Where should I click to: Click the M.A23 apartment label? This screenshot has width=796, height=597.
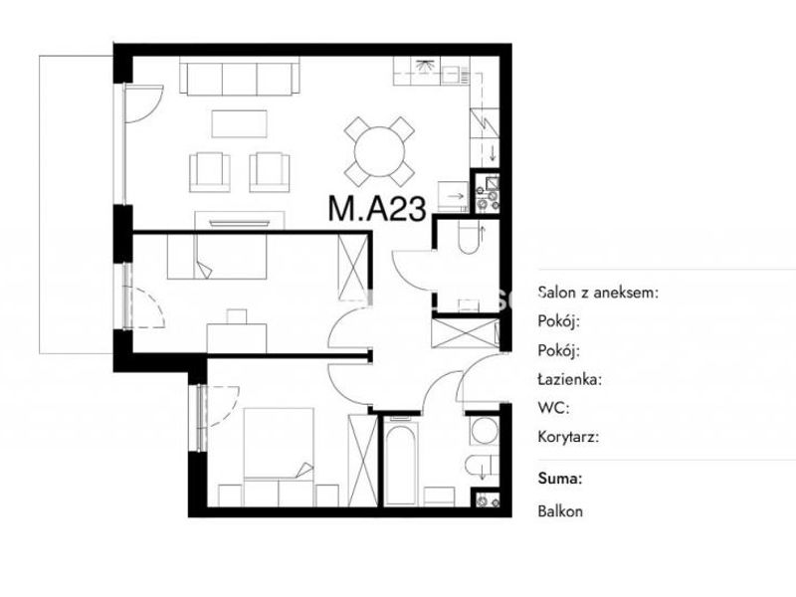[377, 209]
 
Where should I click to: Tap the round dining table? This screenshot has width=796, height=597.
[380, 152]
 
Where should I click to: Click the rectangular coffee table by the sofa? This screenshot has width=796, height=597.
[239, 123]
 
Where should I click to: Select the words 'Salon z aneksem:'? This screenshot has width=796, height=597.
[598, 293]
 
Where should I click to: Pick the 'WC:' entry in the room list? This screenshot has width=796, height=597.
[553, 408]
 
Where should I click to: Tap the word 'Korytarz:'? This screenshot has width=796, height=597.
[568, 437]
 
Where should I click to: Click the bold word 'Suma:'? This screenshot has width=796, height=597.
[560, 479]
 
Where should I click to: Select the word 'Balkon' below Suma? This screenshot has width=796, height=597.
[560, 511]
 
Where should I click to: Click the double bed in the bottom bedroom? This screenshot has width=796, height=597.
[279, 443]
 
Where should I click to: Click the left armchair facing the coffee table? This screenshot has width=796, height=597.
[210, 172]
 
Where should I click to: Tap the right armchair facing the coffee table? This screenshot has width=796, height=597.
[270, 172]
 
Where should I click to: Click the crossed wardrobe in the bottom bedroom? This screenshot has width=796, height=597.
[363, 460]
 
